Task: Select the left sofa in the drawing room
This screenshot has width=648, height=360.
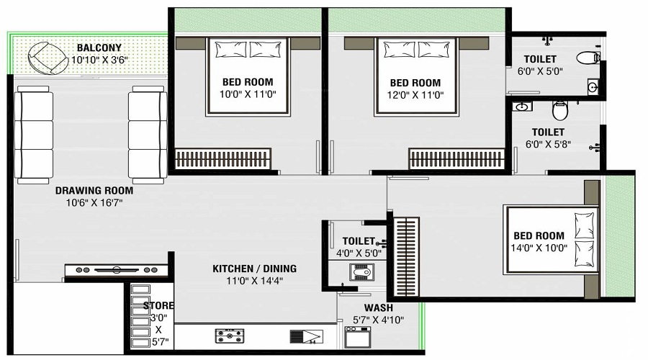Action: pyautogui.click(x=34, y=134)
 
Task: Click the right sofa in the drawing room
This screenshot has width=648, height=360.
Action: pyautogui.click(x=148, y=134)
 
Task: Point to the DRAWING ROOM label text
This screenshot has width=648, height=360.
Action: pyautogui.click(x=94, y=191)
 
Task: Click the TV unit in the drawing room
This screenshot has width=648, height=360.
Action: pyautogui.click(x=116, y=270)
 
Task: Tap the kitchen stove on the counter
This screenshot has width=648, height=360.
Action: pyautogui.click(x=229, y=336)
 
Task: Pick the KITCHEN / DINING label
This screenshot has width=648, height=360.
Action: pyautogui.click(x=254, y=269)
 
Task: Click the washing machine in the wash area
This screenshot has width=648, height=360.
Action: pyautogui.click(x=358, y=338)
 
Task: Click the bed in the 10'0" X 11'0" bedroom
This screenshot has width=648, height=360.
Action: pyautogui.click(x=248, y=76)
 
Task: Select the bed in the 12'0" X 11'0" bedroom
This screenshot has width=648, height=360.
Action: pyautogui.click(x=416, y=76)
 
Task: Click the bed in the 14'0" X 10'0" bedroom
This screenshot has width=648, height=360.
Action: pyautogui.click(x=552, y=240)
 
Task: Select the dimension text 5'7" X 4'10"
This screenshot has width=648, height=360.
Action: pyautogui.click(x=378, y=320)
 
